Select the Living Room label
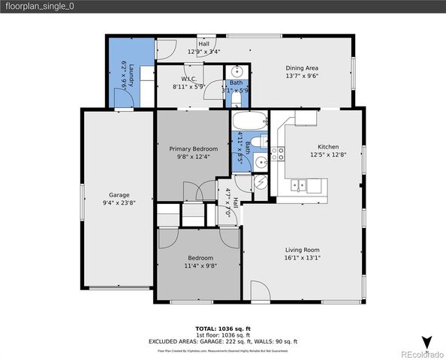(303, 250)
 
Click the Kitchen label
(328, 147)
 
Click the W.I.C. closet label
(189, 79)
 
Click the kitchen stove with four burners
(278, 154)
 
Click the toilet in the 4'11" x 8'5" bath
(256, 142)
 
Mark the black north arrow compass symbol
(427, 342)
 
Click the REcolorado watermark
(421, 353)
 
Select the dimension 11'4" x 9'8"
(200, 265)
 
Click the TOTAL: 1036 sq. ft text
(222, 328)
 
